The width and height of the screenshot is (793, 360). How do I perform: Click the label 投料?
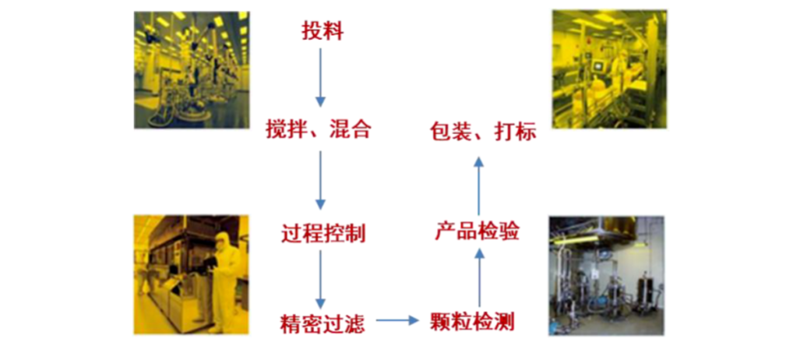coord(322,31)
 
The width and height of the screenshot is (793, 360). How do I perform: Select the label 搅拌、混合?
coord(319,130)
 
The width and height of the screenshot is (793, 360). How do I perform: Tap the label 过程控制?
coord(323,234)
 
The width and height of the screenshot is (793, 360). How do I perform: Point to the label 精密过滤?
coord(322,323)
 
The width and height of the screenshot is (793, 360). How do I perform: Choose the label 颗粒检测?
coord(472,321)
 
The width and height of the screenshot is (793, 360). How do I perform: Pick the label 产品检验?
coord(478,232)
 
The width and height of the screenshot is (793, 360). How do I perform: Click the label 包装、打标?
coord(483,132)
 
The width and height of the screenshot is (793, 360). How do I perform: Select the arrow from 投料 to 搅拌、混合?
coord(320,77)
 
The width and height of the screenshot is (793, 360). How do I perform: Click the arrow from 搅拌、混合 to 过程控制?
coord(320,180)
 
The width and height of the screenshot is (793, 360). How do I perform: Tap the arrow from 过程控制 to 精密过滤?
coord(320,279)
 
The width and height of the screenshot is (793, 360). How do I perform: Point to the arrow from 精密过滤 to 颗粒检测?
coord(398,320)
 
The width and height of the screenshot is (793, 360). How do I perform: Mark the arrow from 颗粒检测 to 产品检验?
coord(479,277)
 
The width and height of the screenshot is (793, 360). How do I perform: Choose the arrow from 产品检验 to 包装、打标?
coord(479,186)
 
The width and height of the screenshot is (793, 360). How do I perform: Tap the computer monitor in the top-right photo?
coord(599,65)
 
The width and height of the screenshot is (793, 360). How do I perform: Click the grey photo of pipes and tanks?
coord(606,276)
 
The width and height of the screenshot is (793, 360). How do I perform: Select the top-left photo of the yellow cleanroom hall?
coord(192,70)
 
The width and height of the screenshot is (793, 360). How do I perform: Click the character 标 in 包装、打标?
coord(526,132)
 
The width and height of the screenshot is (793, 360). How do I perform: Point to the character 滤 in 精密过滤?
coord(354,323)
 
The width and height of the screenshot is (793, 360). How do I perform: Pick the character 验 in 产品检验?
coord(509,232)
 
